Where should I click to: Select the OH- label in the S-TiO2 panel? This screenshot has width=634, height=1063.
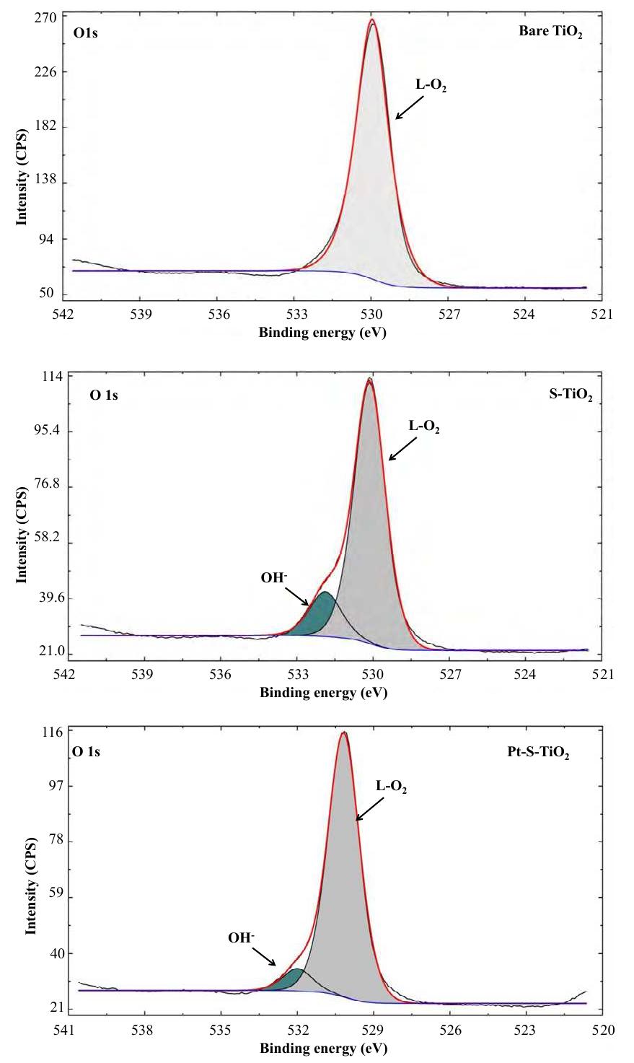[275, 578]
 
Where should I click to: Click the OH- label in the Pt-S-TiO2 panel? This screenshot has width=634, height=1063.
[241, 938]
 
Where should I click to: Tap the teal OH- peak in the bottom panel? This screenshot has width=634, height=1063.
[289, 981]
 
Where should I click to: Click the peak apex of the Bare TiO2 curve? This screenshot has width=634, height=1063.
[372, 21]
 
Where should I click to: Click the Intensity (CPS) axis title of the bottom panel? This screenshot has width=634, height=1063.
[31, 885]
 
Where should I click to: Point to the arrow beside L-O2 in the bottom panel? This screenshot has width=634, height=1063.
[368, 809]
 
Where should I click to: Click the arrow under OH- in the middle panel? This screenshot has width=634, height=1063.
[298, 595]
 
